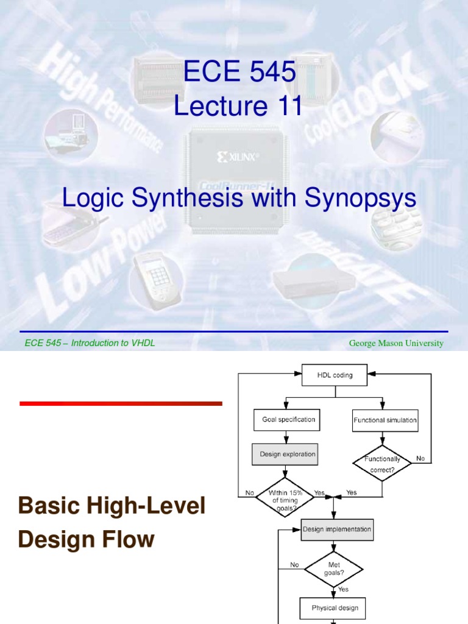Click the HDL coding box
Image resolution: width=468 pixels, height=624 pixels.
(x=335, y=375)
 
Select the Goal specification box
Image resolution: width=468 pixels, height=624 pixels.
(x=284, y=419)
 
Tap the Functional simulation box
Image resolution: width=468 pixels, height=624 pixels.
(x=385, y=420)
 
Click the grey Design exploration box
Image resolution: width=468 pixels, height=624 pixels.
(x=284, y=454)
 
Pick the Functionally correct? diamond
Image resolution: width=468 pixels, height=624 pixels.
(x=382, y=463)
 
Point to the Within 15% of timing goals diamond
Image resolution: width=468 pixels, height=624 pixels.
(x=285, y=497)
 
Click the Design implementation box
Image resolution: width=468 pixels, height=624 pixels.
(x=337, y=530)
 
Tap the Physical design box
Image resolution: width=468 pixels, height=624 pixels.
(x=335, y=608)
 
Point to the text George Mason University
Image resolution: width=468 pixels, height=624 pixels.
(x=396, y=344)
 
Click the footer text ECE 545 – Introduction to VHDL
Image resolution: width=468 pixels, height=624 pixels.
(x=90, y=343)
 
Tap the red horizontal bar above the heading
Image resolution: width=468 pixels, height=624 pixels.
(x=121, y=403)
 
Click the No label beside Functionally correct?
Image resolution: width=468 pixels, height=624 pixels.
(x=420, y=458)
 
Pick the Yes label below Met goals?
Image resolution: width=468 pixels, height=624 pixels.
(x=344, y=589)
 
